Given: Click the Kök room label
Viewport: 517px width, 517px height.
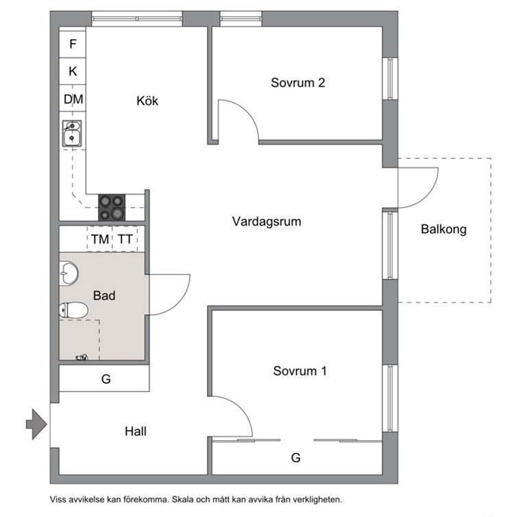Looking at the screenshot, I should click(147, 101).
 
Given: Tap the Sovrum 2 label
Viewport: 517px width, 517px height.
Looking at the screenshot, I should click(298, 83).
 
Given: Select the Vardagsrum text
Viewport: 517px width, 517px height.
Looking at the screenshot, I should click(267, 221).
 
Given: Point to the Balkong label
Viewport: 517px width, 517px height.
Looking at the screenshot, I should click(444, 229).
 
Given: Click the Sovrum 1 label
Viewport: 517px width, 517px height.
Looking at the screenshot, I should click(300, 372).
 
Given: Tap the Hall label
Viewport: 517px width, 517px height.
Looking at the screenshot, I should click(136, 432).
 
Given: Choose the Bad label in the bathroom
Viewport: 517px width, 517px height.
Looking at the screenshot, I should click(104, 296).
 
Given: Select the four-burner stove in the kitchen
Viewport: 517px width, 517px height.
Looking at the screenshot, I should click(112, 206).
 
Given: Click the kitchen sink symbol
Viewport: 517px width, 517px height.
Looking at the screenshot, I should click(71, 134).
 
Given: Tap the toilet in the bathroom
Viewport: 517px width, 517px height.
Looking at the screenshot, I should click(74, 311).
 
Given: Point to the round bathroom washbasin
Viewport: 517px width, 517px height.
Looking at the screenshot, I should click(69, 274).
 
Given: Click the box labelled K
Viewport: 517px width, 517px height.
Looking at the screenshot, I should click(73, 71).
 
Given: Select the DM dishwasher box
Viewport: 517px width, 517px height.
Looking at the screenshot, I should click(73, 99).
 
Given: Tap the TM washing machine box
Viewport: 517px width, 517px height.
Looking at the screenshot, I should click(100, 239).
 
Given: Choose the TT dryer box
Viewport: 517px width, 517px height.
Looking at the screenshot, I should click(125, 239).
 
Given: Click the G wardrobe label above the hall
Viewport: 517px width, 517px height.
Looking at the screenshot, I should click(106, 378).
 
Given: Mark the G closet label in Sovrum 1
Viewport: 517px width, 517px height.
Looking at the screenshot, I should click(296, 457).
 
